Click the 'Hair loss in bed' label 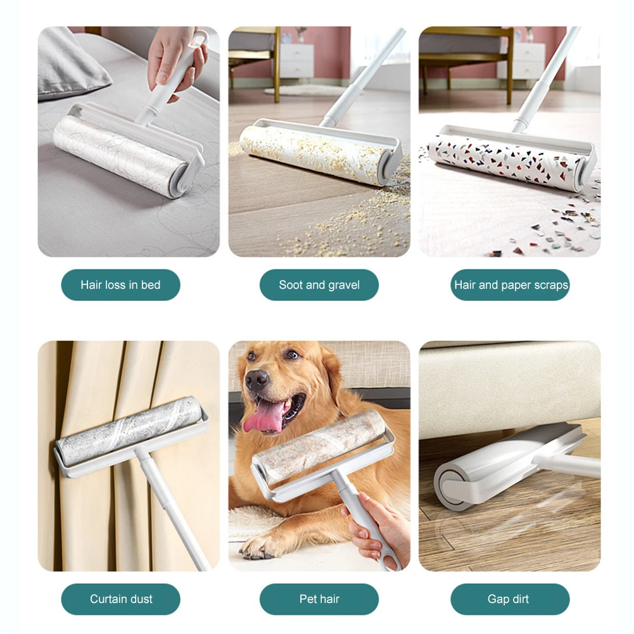pyautogui.click(x=120, y=284)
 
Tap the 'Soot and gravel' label pyautogui.click(x=319, y=284)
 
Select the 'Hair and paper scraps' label pyautogui.click(x=510, y=284)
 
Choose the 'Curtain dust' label pyautogui.click(x=120, y=599)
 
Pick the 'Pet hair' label pyautogui.click(x=319, y=599)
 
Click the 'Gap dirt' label pyautogui.click(x=510, y=599)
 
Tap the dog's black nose pyautogui.click(x=257, y=379)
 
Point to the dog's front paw pyautogui.click(x=259, y=547)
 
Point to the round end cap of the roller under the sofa pyautogui.click(x=450, y=487)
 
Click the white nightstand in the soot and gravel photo pyautogui.click(x=297, y=61)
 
